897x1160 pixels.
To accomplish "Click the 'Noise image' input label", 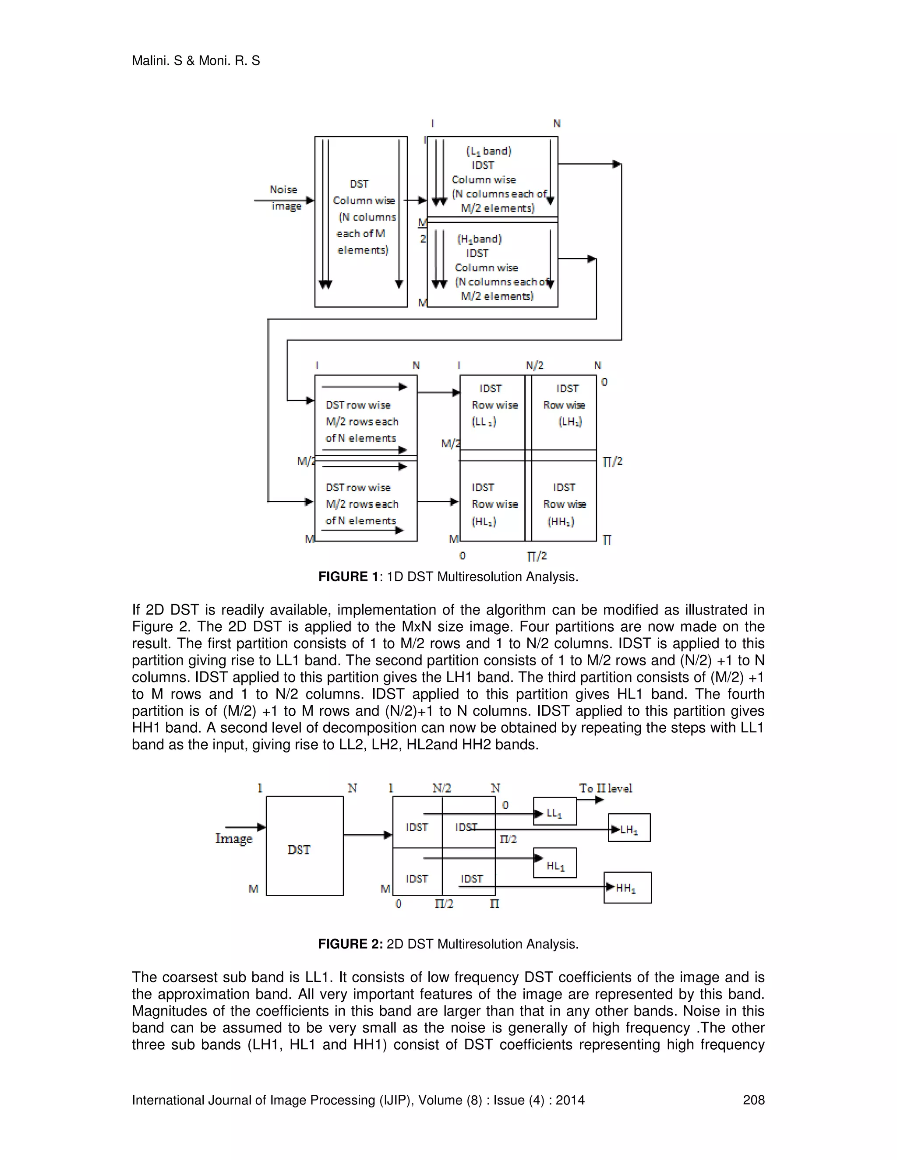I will [x=285, y=197].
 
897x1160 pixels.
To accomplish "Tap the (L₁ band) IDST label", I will [x=488, y=158].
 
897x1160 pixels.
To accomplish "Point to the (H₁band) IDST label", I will [x=479, y=246].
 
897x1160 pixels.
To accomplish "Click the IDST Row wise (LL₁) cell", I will [x=493, y=405].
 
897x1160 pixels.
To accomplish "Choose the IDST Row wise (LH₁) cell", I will [x=564, y=405].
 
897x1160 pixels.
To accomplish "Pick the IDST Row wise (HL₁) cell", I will [x=493, y=503].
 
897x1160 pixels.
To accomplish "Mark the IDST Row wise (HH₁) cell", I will [x=564, y=503].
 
